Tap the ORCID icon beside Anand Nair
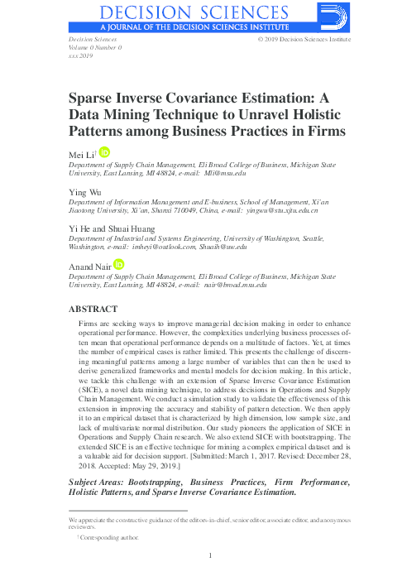tap(120, 265)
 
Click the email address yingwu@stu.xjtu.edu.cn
tap(281, 211)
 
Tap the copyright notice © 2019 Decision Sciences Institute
tap(304, 40)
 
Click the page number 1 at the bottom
tap(212, 555)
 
